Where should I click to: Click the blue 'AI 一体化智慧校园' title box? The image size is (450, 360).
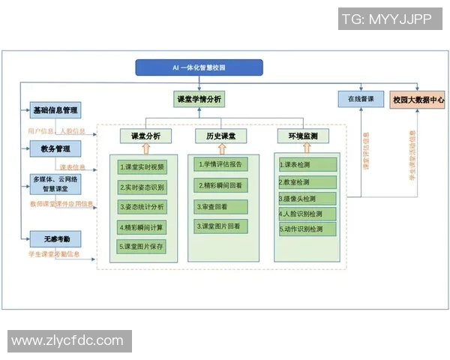tap(199, 67)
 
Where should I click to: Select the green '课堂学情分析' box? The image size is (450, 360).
tap(198, 99)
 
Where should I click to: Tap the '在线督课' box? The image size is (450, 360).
tap(355, 99)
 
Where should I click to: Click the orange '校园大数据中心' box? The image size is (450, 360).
tap(418, 99)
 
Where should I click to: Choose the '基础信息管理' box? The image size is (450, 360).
tap(55, 110)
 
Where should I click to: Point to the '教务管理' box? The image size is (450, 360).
tap(55, 148)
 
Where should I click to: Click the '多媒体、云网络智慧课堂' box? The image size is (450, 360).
tap(55, 184)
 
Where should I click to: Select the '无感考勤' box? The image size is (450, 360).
tap(55, 239)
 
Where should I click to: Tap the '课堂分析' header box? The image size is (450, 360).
tap(145, 136)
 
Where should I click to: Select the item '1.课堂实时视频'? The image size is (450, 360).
tap(142, 166)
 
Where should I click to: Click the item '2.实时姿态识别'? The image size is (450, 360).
tap(142, 186)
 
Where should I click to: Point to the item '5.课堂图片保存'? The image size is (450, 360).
tap(142, 246)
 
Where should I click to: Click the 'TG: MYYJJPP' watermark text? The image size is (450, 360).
tap(386, 19)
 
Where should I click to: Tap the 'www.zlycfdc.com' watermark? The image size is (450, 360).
tap(67, 340)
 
